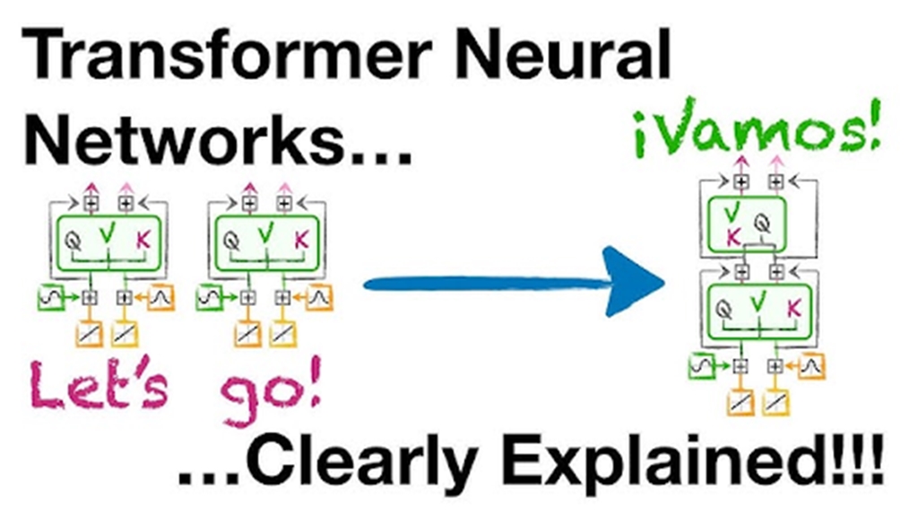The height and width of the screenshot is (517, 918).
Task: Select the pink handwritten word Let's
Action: (x=99, y=386)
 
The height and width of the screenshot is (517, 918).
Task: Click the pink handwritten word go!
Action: (x=268, y=390)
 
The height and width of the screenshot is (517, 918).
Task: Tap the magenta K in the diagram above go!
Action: (x=300, y=240)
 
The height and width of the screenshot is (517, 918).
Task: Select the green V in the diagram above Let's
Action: (x=108, y=235)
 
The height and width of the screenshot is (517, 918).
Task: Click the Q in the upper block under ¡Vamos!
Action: (x=762, y=219)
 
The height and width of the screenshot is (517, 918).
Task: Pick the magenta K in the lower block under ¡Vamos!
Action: (x=793, y=309)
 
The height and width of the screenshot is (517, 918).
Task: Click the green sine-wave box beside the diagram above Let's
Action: (x=49, y=295)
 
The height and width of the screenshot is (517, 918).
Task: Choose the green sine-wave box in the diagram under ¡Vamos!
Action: (x=702, y=365)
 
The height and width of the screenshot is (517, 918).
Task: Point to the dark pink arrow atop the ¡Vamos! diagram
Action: (x=740, y=162)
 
